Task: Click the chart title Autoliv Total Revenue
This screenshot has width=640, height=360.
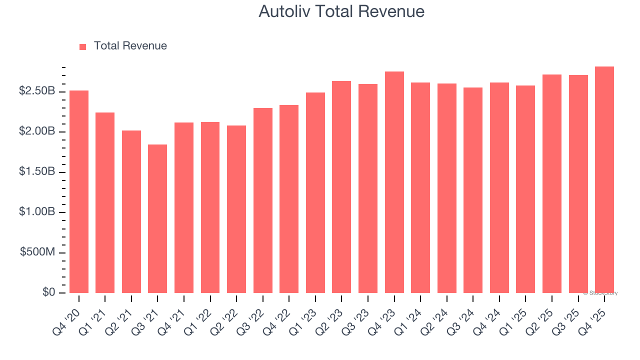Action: (341, 11)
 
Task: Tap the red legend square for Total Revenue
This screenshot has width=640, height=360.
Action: (83, 46)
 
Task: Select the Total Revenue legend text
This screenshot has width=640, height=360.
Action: (130, 46)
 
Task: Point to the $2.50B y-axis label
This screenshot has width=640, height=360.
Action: (37, 91)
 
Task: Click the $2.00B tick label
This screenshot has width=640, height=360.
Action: (37, 131)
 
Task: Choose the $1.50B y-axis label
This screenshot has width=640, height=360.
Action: (37, 172)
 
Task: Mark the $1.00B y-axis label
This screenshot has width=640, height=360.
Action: (37, 212)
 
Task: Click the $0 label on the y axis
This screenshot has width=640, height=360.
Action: (48, 292)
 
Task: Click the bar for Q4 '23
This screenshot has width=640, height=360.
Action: (394, 182)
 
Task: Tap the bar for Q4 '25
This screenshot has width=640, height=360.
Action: (604, 179)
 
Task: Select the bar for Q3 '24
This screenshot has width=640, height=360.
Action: (473, 190)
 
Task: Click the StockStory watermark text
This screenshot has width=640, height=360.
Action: (600, 293)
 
